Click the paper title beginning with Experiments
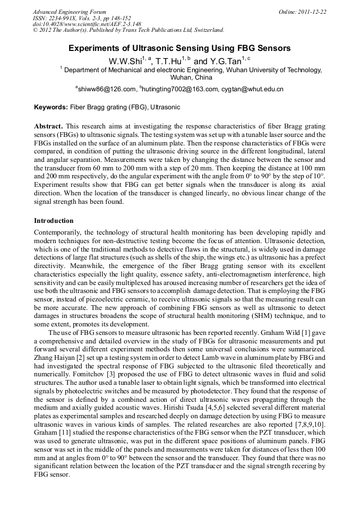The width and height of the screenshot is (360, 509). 179,49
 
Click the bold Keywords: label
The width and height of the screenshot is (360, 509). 51,107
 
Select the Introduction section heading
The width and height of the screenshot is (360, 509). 54,220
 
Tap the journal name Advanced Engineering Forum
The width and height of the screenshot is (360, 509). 70,12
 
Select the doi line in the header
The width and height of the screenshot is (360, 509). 87,24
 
